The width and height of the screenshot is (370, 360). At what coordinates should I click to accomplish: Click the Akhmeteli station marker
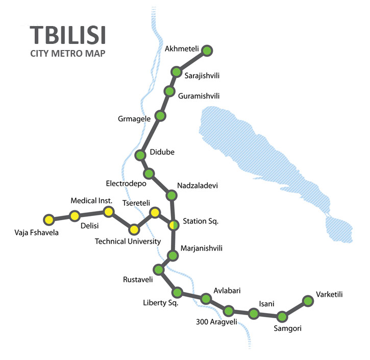(x=207, y=50)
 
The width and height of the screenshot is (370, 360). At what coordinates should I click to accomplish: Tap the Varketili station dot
(x=308, y=301)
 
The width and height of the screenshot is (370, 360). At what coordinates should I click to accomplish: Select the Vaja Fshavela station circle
(x=48, y=220)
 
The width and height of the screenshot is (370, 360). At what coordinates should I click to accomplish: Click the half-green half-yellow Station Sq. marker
(x=174, y=224)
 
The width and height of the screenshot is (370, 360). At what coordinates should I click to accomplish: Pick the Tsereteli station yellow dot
(x=154, y=212)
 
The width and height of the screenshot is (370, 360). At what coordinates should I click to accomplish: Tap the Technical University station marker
(x=134, y=229)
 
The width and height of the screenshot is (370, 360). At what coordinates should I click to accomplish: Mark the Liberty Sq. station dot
(x=178, y=293)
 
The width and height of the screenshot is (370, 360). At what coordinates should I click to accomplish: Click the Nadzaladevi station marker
(x=172, y=195)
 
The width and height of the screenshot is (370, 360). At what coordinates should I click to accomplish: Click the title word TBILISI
(x=67, y=35)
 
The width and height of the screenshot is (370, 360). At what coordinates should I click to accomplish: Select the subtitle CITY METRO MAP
(x=67, y=53)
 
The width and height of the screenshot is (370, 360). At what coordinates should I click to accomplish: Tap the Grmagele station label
(x=134, y=119)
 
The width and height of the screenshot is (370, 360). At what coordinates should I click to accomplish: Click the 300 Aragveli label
(x=217, y=322)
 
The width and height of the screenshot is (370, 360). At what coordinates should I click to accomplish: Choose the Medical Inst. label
(x=91, y=201)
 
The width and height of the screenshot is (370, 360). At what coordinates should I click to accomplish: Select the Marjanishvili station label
(x=202, y=248)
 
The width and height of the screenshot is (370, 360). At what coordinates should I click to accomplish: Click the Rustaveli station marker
(x=159, y=269)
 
